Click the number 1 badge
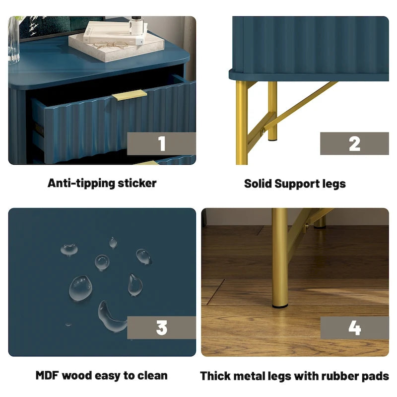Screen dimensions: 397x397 161,143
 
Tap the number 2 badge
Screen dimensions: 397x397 354,143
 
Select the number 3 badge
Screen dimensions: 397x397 161,328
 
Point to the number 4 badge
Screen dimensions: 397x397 354,328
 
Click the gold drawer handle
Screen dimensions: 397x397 130,95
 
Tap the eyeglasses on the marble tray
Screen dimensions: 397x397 110,45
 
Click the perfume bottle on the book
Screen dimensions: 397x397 136,25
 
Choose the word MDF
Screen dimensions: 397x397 47,376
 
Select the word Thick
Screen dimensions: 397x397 215,376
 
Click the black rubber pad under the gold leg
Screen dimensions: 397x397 280,306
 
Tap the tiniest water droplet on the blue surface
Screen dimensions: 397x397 68,325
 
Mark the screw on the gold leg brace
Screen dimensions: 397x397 263,131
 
